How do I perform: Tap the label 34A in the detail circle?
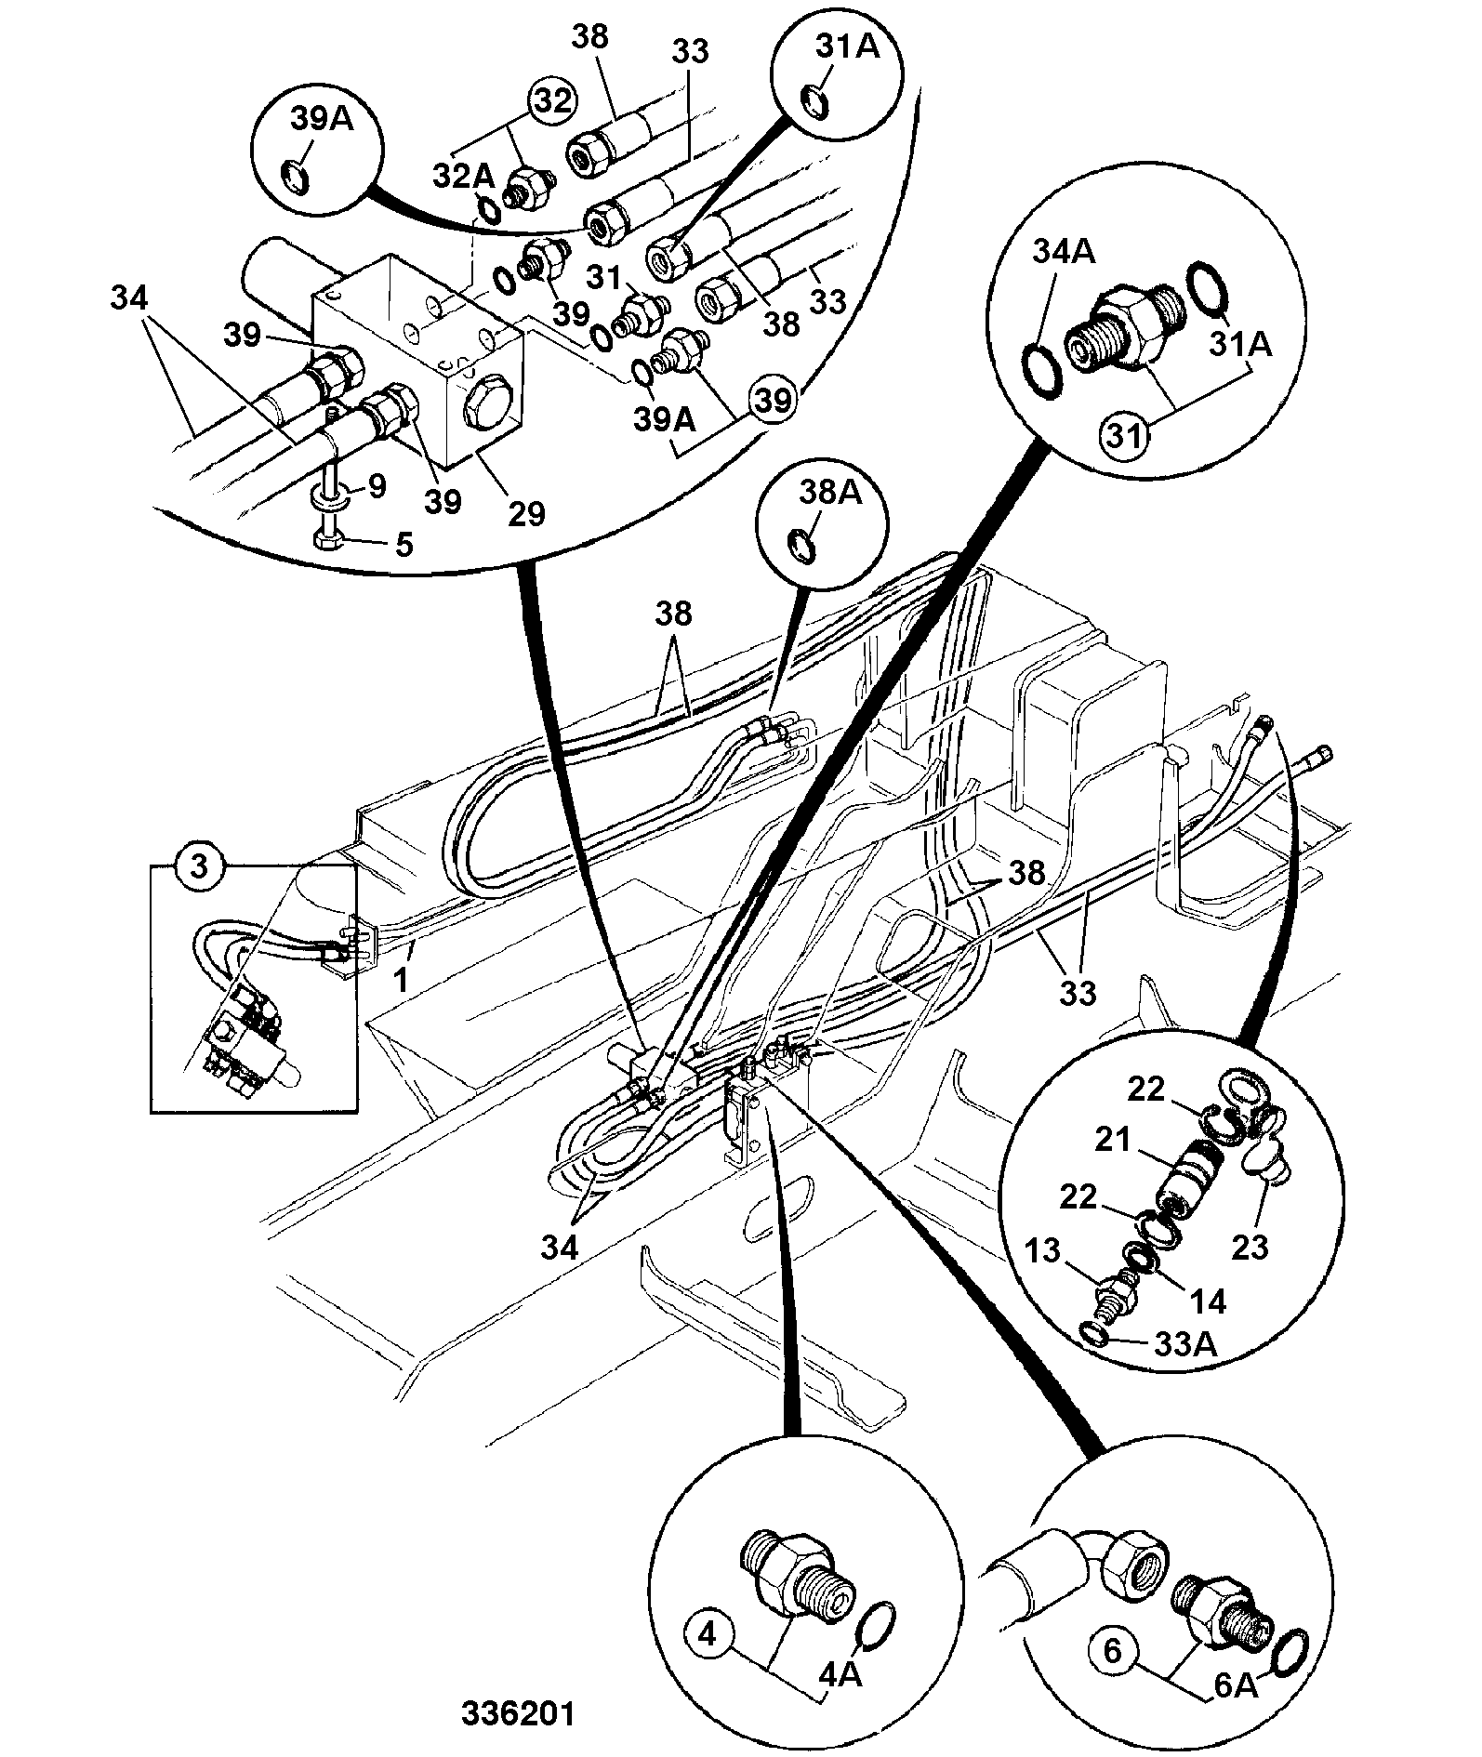[1064, 252]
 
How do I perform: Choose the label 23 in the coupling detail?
[1250, 1246]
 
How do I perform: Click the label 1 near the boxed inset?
[403, 980]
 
